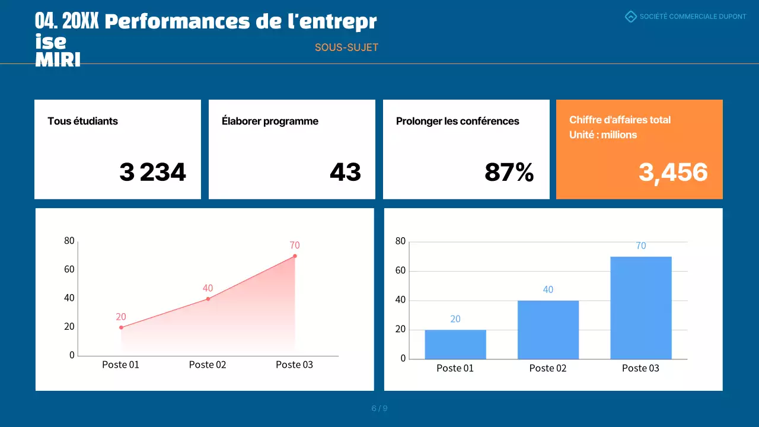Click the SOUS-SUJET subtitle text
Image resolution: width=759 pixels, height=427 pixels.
click(x=346, y=47)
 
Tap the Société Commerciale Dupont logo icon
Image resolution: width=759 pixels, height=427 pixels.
click(x=631, y=17)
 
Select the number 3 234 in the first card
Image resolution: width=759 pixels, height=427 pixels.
click(x=152, y=173)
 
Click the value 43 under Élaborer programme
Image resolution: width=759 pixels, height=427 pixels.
click(x=345, y=173)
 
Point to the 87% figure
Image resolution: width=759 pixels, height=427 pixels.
click(x=509, y=173)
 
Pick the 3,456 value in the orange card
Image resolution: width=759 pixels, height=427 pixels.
click(x=673, y=173)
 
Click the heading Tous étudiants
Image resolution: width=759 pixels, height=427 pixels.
click(x=83, y=121)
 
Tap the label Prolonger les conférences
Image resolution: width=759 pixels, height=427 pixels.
click(x=457, y=121)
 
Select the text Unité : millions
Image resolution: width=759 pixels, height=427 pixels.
click(x=603, y=135)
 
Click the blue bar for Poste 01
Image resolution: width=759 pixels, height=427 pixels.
click(x=455, y=345)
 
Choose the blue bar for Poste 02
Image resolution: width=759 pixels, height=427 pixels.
click(x=548, y=330)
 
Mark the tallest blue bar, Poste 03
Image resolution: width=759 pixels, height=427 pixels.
click(x=640, y=308)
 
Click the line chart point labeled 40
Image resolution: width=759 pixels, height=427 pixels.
click(x=208, y=299)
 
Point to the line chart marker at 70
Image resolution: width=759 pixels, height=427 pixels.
click(x=295, y=256)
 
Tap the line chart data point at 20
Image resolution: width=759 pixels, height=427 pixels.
click(x=121, y=327)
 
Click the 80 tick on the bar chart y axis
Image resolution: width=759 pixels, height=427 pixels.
click(x=400, y=241)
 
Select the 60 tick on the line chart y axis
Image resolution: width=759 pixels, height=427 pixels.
click(x=69, y=269)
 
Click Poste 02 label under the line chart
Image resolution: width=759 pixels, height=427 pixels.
click(x=208, y=365)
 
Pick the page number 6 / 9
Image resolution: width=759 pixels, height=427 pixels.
click(x=379, y=408)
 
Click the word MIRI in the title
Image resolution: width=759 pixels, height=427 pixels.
click(x=58, y=60)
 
